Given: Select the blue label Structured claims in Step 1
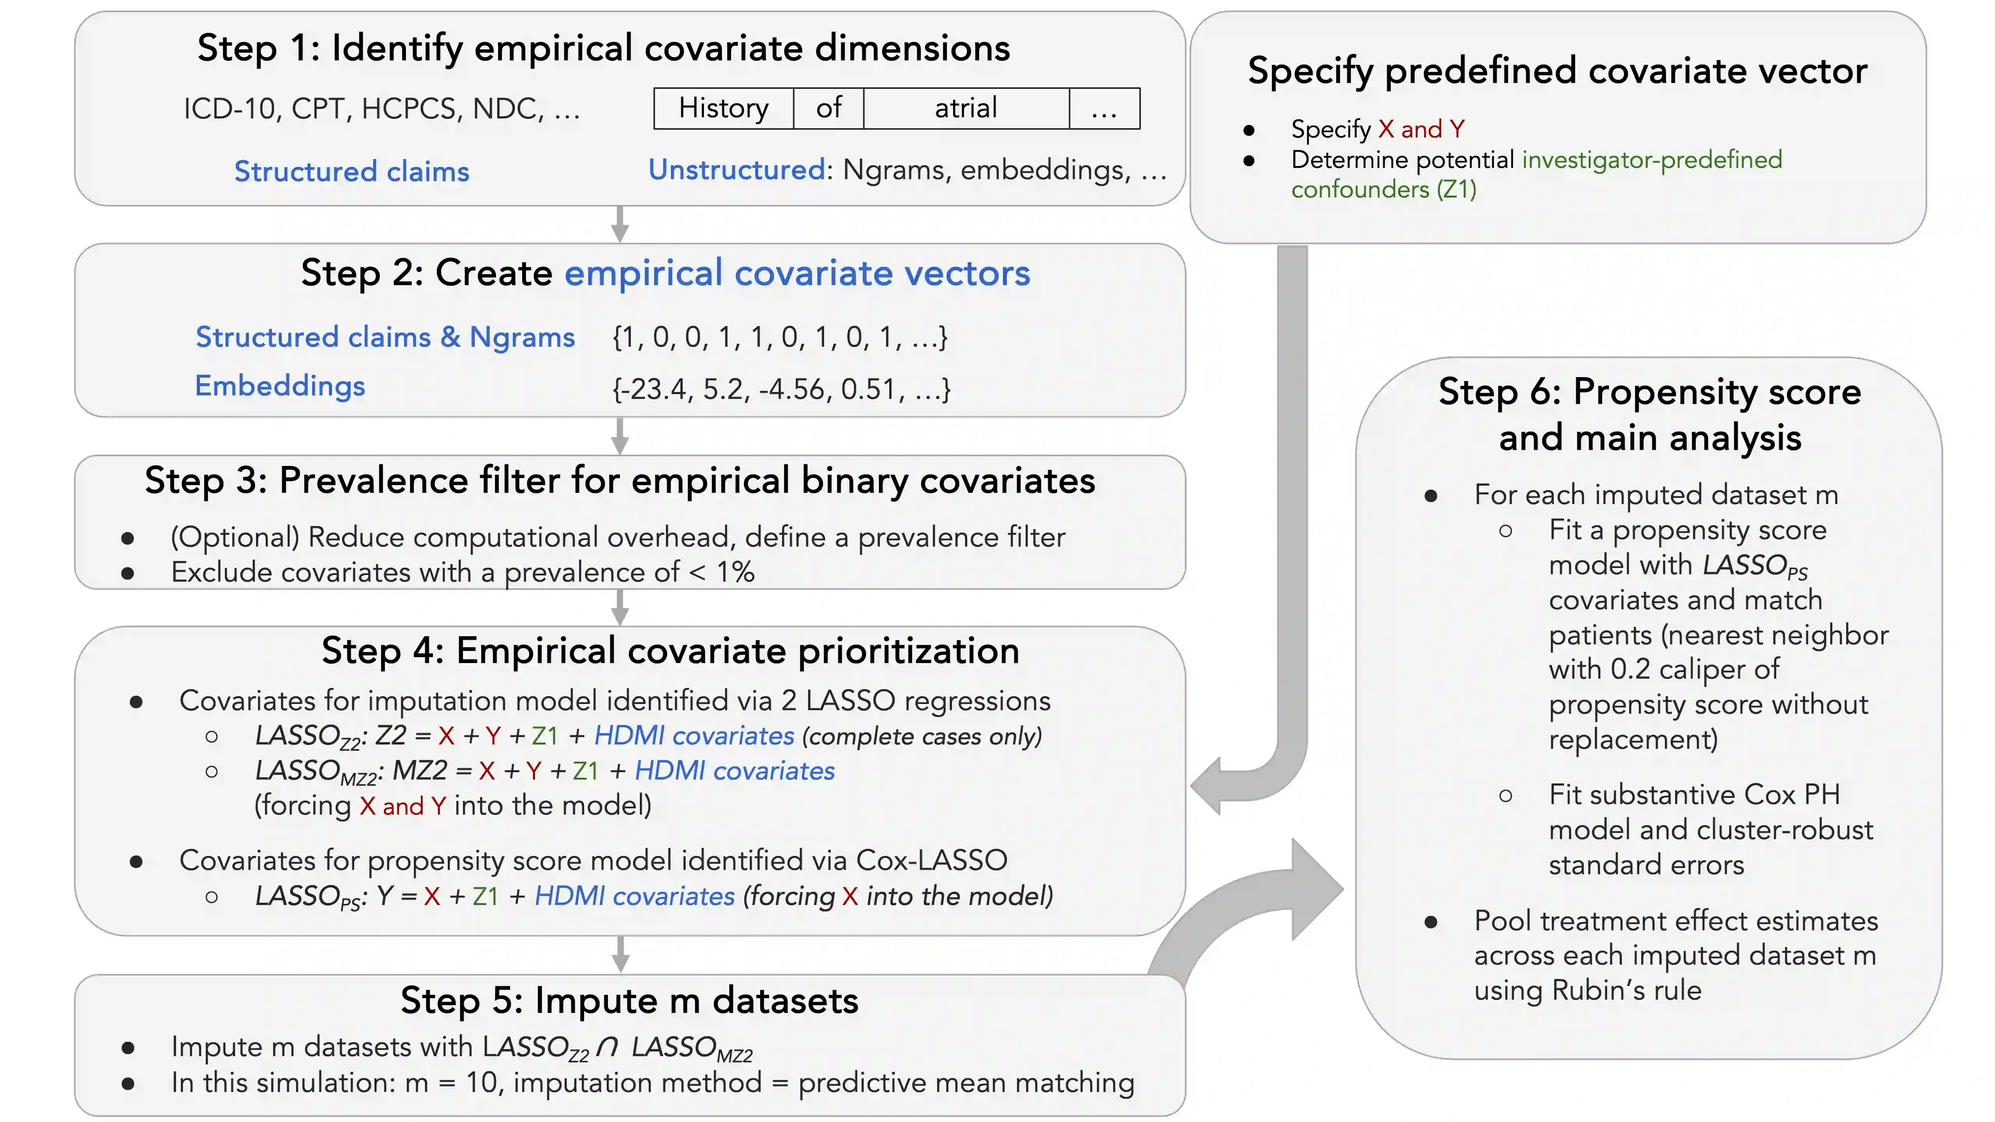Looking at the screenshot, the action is (x=351, y=171).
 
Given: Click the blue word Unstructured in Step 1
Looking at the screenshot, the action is (x=736, y=169).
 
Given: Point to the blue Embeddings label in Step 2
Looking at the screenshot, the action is (x=280, y=386).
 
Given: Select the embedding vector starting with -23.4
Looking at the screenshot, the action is (x=780, y=389).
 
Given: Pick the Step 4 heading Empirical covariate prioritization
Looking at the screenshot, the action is (x=670, y=651).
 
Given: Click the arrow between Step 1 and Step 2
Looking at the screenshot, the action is (x=620, y=224).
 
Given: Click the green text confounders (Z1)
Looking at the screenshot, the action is (x=1383, y=190).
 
